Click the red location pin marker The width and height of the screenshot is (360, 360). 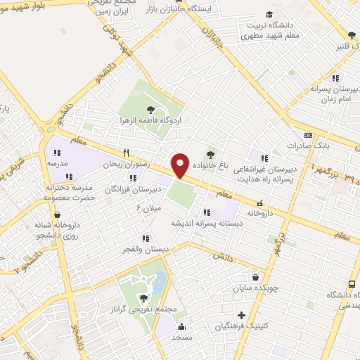pos(181,165)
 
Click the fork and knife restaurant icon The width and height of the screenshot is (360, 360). pos(127,153)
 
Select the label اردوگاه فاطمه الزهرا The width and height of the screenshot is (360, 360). pos(150,120)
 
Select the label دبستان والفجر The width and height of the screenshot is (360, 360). pos(141,249)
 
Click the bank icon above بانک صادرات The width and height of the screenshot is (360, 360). pos(308,135)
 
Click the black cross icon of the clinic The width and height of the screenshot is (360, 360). pos(243,315)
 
